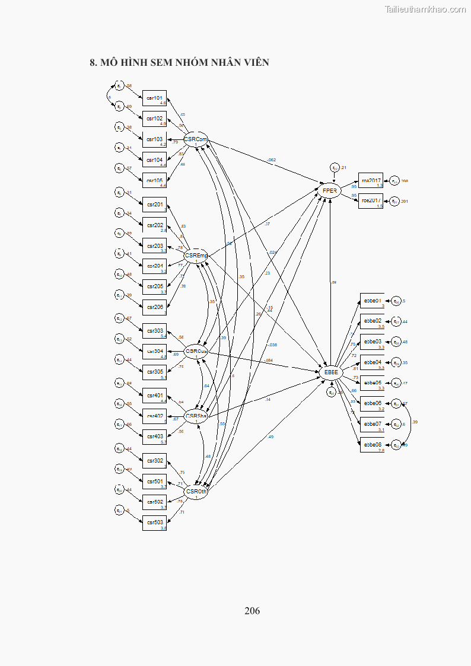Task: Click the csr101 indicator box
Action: coord(154,98)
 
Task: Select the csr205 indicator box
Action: coord(154,287)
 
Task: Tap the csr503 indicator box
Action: coord(154,523)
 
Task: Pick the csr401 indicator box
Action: coord(154,396)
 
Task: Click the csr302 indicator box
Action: coord(154,461)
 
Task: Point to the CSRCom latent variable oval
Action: coord(196,141)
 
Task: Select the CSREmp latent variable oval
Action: coord(196,256)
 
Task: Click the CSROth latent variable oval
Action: coord(196,492)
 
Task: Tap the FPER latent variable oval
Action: coord(330,191)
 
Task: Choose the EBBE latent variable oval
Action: coord(330,372)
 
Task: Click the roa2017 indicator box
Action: coord(371,181)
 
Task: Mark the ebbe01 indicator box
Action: coord(372,301)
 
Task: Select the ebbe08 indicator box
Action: coord(372,445)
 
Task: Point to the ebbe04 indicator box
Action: coord(372,363)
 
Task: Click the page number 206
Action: coord(252,611)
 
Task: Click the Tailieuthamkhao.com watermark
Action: coord(425,9)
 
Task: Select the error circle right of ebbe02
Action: coord(397,322)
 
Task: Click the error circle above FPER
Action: coord(335,168)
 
